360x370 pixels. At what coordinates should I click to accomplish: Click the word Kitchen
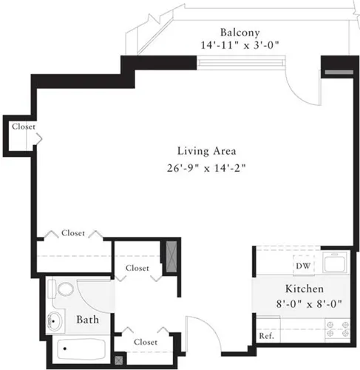point(304,288)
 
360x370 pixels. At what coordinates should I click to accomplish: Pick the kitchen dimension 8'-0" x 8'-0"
point(304,301)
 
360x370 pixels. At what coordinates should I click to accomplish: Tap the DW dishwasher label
point(303,265)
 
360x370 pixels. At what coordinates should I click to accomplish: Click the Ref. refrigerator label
point(266,336)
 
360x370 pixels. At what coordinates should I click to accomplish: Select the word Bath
point(90,320)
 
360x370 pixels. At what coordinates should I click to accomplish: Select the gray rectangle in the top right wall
point(335,73)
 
